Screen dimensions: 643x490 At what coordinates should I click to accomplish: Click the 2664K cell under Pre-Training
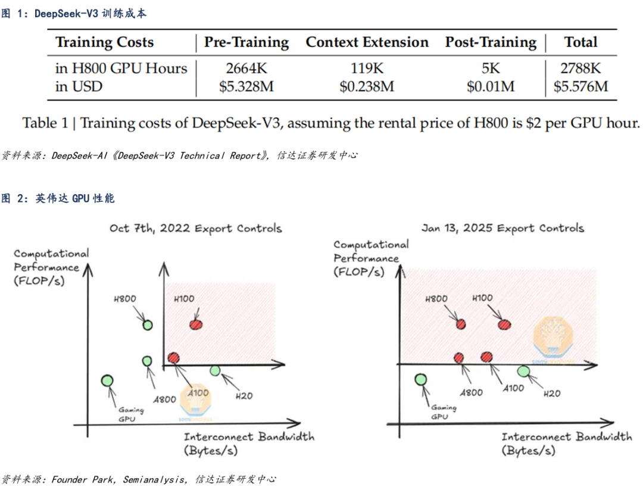pyautogui.click(x=246, y=68)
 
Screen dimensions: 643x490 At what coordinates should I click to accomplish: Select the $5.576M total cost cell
pyautogui.click(x=580, y=87)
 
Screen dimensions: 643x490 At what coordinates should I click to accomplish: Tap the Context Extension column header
pyautogui.click(x=367, y=42)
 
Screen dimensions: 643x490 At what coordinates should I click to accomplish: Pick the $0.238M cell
pyautogui.click(x=367, y=87)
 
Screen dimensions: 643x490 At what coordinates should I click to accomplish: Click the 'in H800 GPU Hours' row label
pyautogui.click(x=121, y=68)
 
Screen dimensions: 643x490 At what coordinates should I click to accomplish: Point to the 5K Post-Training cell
pyautogui.click(x=491, y=68)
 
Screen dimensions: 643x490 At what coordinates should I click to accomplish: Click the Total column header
pyautogui.click(x=580, y=42)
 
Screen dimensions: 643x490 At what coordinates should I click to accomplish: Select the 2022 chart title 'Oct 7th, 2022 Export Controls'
pyautogui.click(x=195, y=229)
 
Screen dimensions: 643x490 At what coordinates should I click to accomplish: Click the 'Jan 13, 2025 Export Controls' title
pyautogui.click(x=502, y=228)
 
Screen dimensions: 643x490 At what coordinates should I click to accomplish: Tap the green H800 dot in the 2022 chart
pyautogui.click(x=147, y=324)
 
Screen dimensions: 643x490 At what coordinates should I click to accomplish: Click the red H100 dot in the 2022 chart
pyautogui.click(x=196, y=324)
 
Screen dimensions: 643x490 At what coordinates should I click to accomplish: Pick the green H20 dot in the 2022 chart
pyautogui.click(x=215, y=371)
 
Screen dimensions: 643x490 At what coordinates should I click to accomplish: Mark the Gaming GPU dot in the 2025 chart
pyautogui.click(x=420, y=379)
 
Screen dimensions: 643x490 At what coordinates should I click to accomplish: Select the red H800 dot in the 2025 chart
pyautogui.click(x=461, y=324)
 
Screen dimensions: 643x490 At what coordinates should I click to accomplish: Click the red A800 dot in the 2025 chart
pyautogui.click(x=458, y=358)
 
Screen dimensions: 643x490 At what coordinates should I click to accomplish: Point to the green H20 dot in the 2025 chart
pyautogui.click(x=524, y=372)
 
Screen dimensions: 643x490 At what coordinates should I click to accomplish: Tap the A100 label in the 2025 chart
pyautogui.click(x=512, y=388)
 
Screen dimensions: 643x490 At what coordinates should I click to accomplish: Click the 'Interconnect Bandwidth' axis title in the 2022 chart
pyautogui.click(x=249, y=436)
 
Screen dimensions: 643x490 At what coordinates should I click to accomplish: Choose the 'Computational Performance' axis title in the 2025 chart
pyautogui.click(x=371, y=251)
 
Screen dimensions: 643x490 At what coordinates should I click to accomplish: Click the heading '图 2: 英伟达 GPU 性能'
pyautogui.click(x=58, y=199)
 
